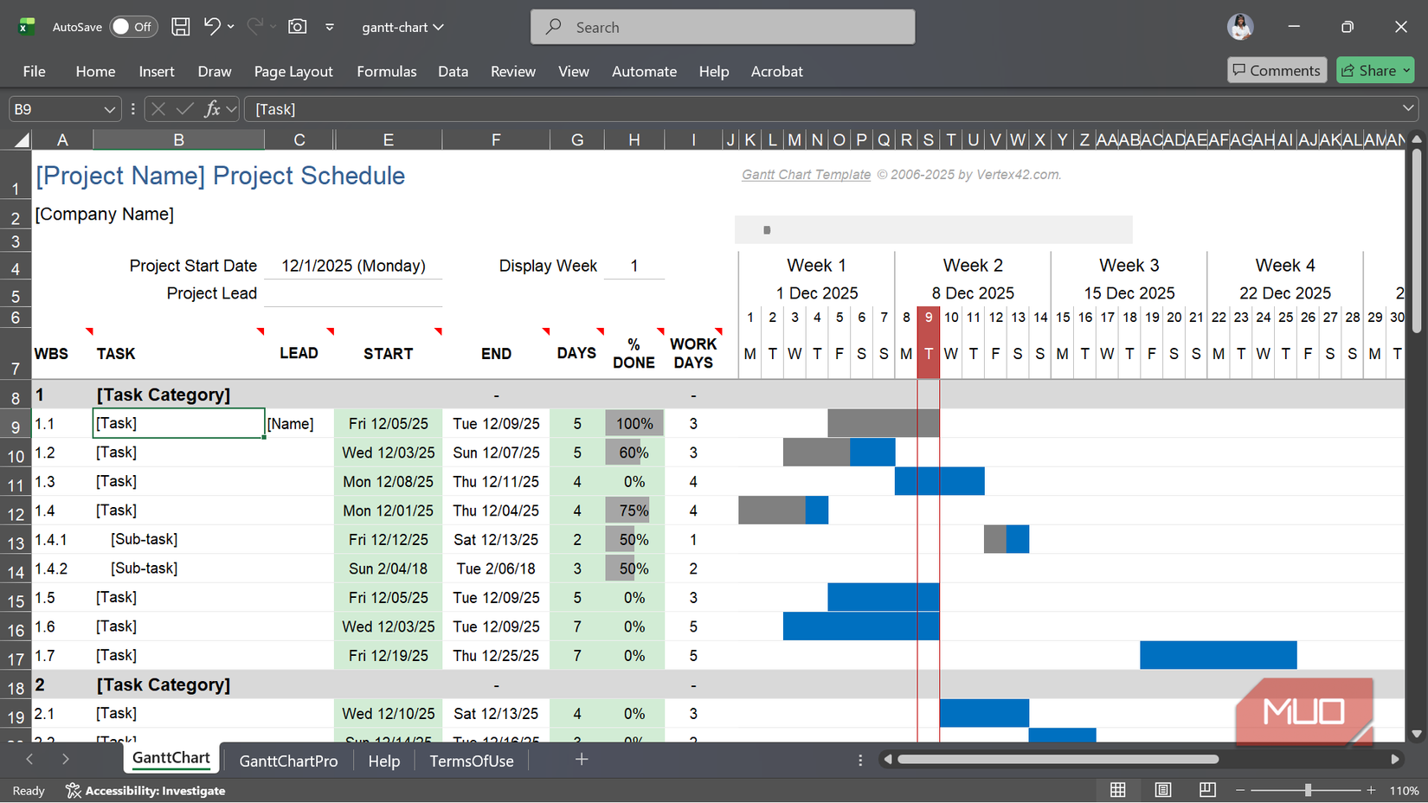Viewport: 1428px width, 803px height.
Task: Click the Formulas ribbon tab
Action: tap(386, 71)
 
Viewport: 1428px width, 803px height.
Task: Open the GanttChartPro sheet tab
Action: tap(288, 761)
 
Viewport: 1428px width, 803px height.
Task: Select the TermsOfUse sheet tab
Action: tap(472, 761)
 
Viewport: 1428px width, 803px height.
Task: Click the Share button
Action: tap(1373, 70)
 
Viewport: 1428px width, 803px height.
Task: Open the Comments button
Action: tap(1277, 70)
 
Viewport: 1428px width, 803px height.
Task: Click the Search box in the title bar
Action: tap(723, 27)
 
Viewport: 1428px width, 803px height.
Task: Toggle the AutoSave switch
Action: tap(132, 27)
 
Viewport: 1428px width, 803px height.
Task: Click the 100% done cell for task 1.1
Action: tap(634, 423)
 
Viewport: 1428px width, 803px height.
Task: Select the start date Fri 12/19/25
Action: tap(388, 655)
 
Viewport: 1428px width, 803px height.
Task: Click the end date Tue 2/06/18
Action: tap(496, 569)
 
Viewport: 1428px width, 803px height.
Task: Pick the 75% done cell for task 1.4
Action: tap(634, 511)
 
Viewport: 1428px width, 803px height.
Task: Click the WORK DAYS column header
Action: tap(693, 353)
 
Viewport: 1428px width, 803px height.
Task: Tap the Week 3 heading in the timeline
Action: tap(1129, 265)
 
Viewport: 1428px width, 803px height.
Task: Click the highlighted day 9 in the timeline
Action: tap(929, 318)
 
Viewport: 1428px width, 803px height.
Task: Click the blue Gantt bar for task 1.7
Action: tap(1218, 655)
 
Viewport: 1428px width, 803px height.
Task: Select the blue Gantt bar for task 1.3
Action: tap(939, 481)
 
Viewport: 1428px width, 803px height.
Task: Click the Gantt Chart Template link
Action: tap(806, 175)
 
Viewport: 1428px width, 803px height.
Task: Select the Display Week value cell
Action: tap(634, 266)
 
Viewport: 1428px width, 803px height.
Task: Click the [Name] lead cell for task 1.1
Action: tap(291, 423)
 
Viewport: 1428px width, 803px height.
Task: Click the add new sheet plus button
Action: tap(582, 760)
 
